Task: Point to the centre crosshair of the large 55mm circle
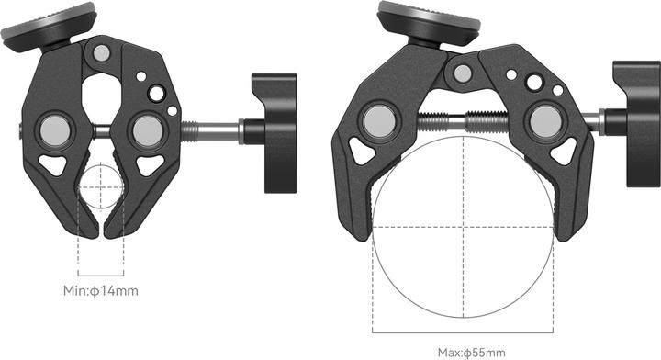pos(464,226)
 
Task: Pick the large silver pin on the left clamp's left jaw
pos(56,129)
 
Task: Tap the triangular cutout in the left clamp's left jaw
pos(53,165)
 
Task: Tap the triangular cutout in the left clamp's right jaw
pos(150,165)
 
